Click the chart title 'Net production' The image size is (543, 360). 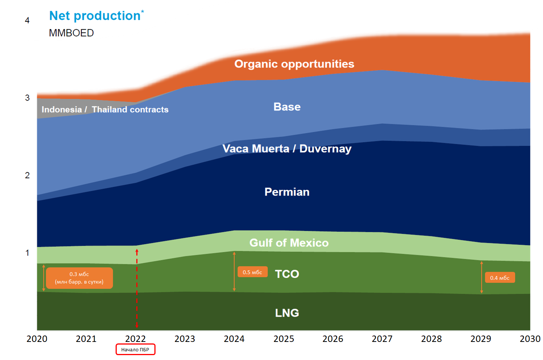[95, 16]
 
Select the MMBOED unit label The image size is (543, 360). [71, 33]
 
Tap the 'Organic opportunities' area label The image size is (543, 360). [294, 64]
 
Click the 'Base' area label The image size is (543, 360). [287, 107]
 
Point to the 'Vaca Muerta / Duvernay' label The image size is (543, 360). [287, 149]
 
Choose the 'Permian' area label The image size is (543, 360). [287, 192]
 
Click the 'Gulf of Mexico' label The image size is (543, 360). [289, 243]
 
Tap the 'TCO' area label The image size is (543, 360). [287, 274]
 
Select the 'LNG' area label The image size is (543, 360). [287, 313]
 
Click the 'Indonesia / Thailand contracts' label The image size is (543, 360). [105, 110]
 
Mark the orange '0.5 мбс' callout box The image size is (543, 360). [252, 272]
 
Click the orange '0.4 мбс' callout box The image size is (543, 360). [500, 278]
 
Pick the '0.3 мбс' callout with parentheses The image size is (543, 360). [79, 278]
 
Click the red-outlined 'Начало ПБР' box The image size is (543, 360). [135, 349]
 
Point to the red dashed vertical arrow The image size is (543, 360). [137, 288]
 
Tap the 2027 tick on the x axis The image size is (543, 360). [382, 339]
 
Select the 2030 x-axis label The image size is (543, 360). [530, 339]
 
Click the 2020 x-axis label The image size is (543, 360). [37, 339]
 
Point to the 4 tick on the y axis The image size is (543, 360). [27, 20]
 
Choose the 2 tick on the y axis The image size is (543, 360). [27, 175]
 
